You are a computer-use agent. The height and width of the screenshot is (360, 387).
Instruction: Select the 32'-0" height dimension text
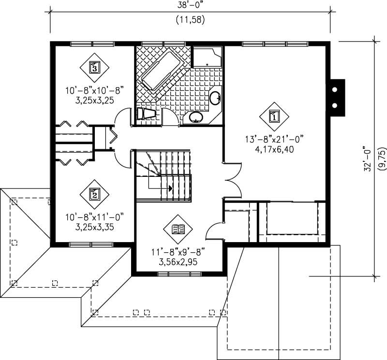[x=368, y=158]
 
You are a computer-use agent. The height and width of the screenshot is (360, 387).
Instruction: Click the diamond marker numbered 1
[x=274, y=116]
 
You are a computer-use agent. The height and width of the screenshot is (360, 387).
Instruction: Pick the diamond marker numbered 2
[x=94, y=194]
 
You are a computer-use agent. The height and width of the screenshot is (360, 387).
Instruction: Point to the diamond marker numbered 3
[x=94, y=67]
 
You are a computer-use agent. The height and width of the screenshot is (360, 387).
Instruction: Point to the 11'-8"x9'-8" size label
[x=179, y=252]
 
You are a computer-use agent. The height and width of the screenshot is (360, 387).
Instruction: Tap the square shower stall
[x=207, y=57]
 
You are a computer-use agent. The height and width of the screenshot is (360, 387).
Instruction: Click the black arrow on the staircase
[x=170, y=188]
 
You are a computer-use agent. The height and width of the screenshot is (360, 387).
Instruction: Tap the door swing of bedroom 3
[x=124, y=117]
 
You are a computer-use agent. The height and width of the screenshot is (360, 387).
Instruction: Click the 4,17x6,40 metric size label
[x=274, y=149]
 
